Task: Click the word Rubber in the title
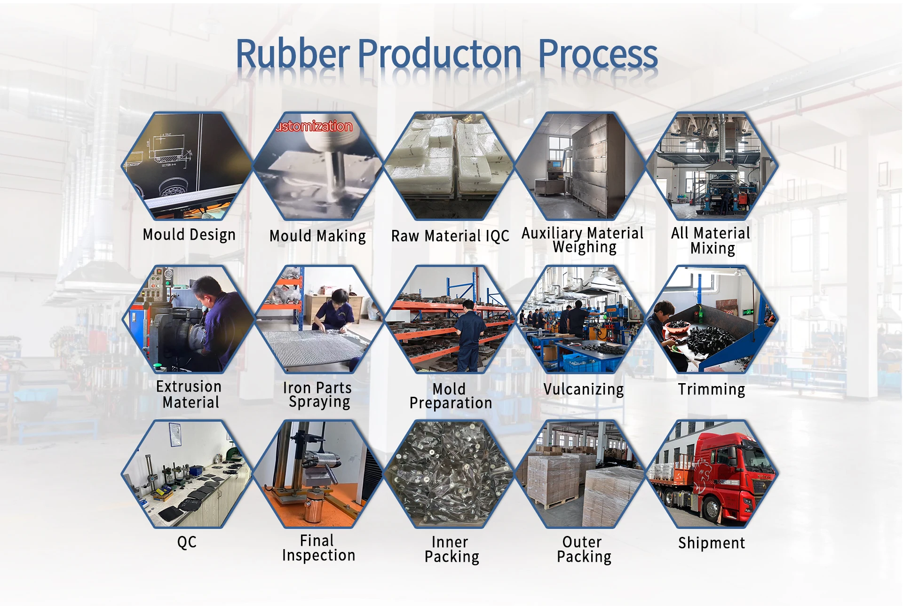click(x=293, y=54)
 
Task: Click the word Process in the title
click(x=598, y=55)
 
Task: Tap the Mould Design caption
click(x=189, y=235)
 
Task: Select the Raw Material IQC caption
click(x=450, y=236)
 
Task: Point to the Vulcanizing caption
click(x=584, y=390)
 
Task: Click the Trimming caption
click(x=712, y=389)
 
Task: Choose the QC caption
click(x=187, y=542)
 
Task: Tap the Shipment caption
click(x=712, y=543)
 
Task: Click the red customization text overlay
click(x=314, y=126)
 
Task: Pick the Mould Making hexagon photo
click(x=318, y=166)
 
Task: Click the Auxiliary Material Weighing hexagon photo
click(x=581, y=166)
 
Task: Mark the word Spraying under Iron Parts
click(x=319, y=402)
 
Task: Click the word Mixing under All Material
click(x=713, y=248)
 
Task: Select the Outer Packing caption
click(x=584, y=549)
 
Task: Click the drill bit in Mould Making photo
click(x=336, y=174)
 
